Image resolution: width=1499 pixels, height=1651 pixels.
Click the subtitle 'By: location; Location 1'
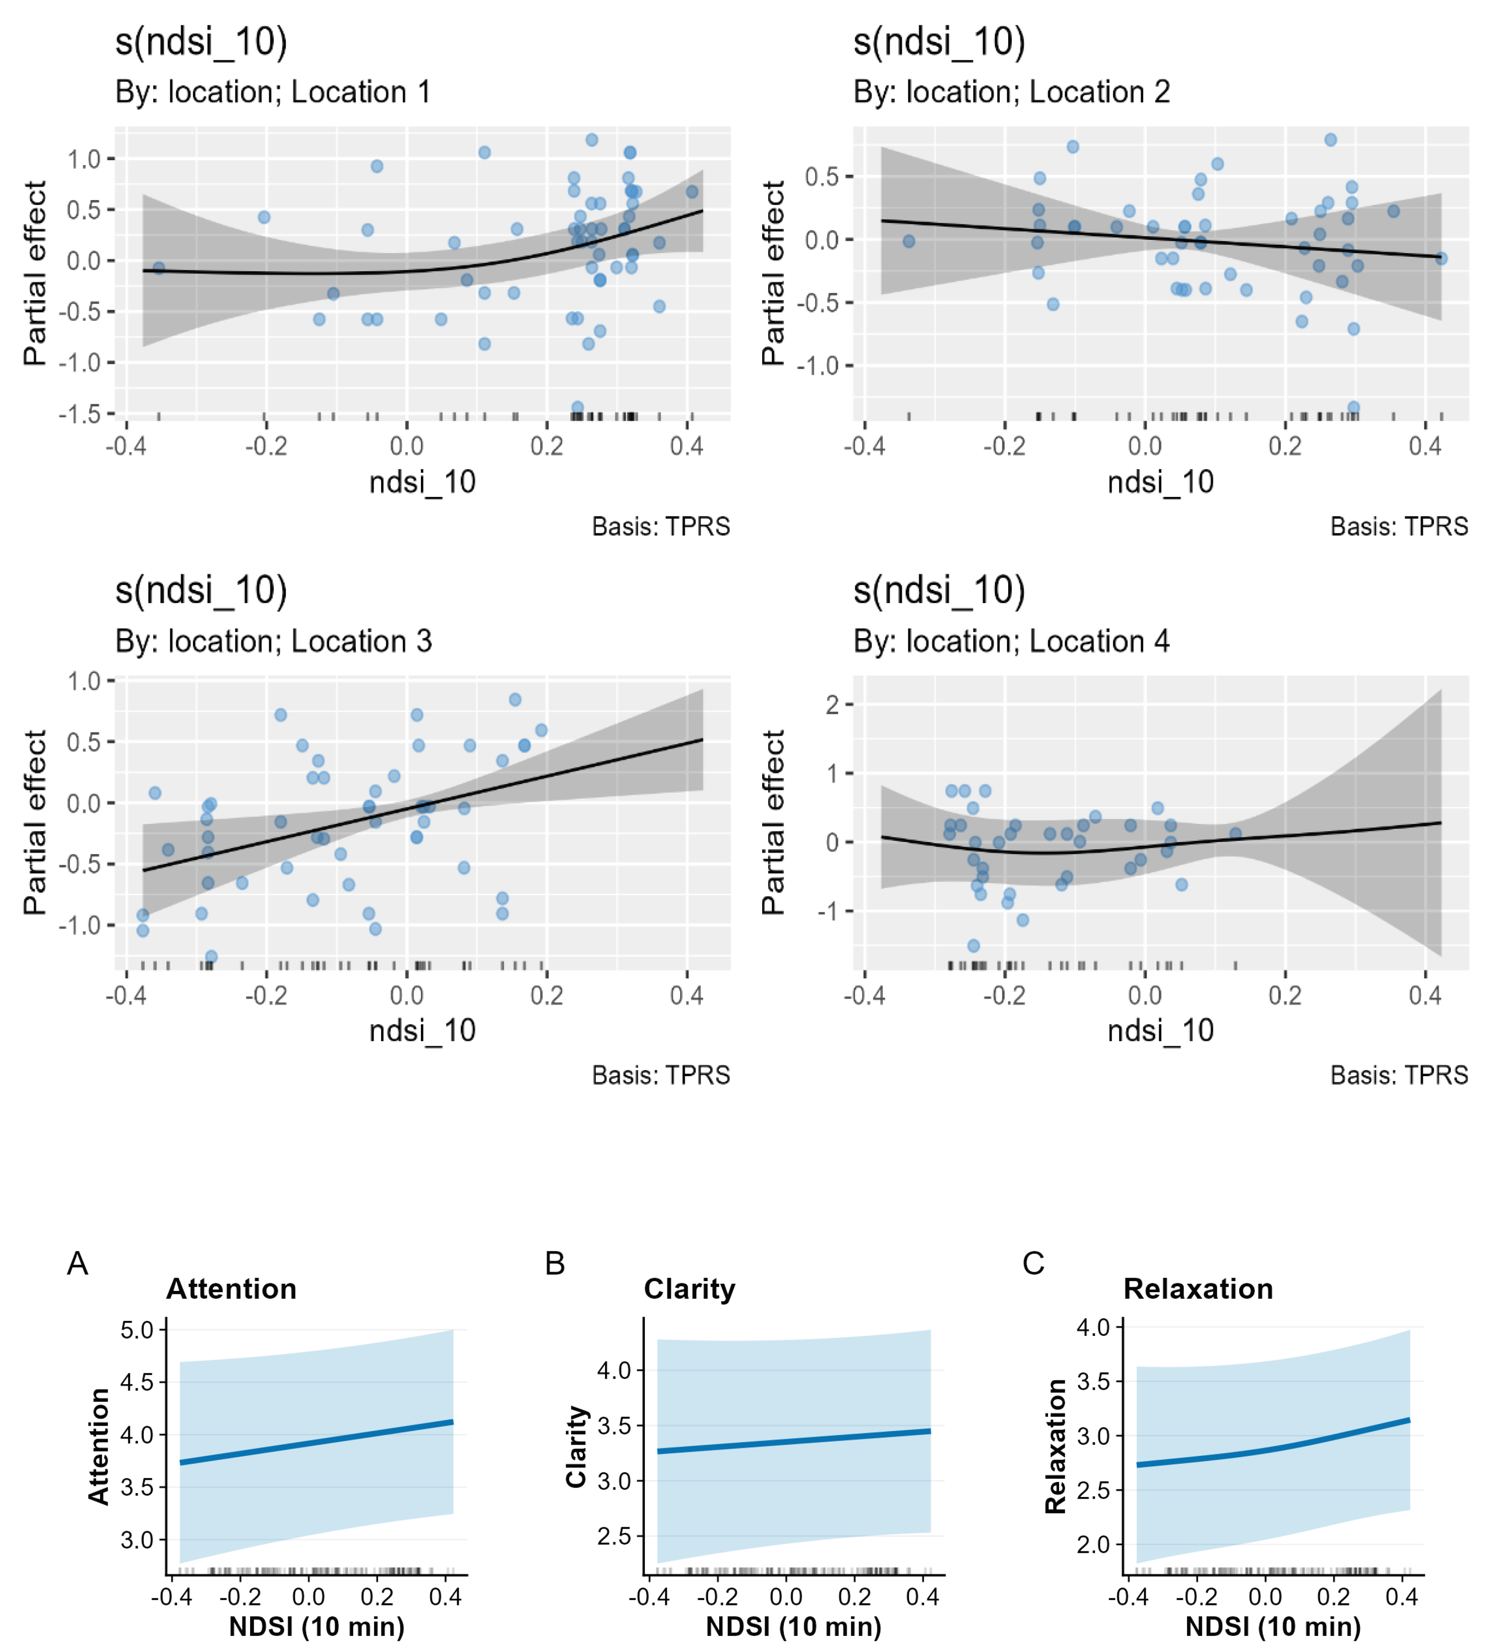tap(273, 92)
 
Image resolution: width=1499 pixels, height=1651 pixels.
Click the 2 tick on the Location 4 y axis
tap(832, 704)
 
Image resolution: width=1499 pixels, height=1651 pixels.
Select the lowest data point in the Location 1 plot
tap(578, 407)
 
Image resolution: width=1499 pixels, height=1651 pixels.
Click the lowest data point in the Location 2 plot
tap(1353, 407)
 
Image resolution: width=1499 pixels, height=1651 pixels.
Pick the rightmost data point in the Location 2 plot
tap(1441, 258)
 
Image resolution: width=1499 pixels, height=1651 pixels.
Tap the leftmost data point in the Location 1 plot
tap(159, 268)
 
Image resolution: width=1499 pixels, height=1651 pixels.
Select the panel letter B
tap(555, 1264)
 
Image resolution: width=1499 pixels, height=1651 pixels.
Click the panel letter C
tap(1033, 1264)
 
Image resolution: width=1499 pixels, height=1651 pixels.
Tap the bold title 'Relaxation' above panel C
tap(1198, 1289)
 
